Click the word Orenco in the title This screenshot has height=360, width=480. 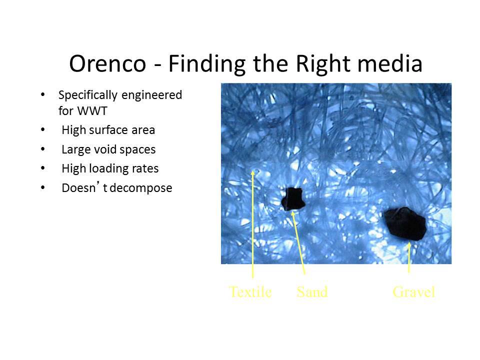[x=107, y=63]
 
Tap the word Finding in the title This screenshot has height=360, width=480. [x=207, y=64]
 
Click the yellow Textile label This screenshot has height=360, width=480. [x=250, y=291]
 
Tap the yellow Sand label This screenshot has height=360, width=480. [x=312, y=291]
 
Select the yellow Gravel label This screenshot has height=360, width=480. [x=414, y=291]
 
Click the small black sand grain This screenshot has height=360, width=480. [x=293, y=199]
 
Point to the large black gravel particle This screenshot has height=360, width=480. [x=405, y=224]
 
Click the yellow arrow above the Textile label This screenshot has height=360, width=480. [x=253, y=224]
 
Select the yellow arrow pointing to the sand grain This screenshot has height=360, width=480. [x=298, y=242]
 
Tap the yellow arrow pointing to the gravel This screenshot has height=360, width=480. [x=409, y=257]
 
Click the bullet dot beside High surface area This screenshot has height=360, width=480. [x=43, y=130]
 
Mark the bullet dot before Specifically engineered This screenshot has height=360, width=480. [x=43, y=94]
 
